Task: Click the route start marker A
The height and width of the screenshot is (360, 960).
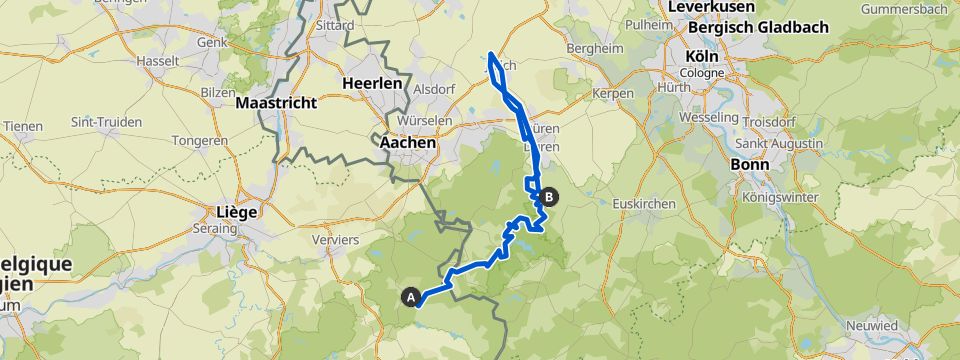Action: pyautogui.click(x=410, y=296)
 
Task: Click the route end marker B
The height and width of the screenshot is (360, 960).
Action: pyautogui.click(x=549, y=197)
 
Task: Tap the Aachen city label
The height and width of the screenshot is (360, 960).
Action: pyautogui.click(x=408, y=143)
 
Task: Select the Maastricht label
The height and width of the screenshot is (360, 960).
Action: pyautogui.click(x=275, y=103)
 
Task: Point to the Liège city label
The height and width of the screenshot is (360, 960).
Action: pyautogui.click(x=237, y=212)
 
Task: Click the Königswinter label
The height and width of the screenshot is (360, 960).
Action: pyautogui.click(x=780, y=197)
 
